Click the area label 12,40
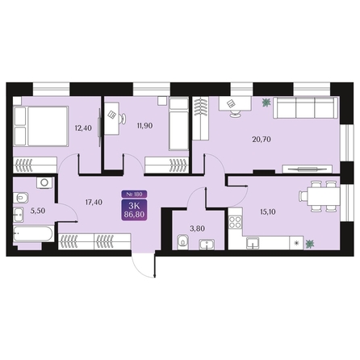(x=82, y=127)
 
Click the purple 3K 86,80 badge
(x=130, y=211)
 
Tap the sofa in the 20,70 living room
(x=303, y=107)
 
